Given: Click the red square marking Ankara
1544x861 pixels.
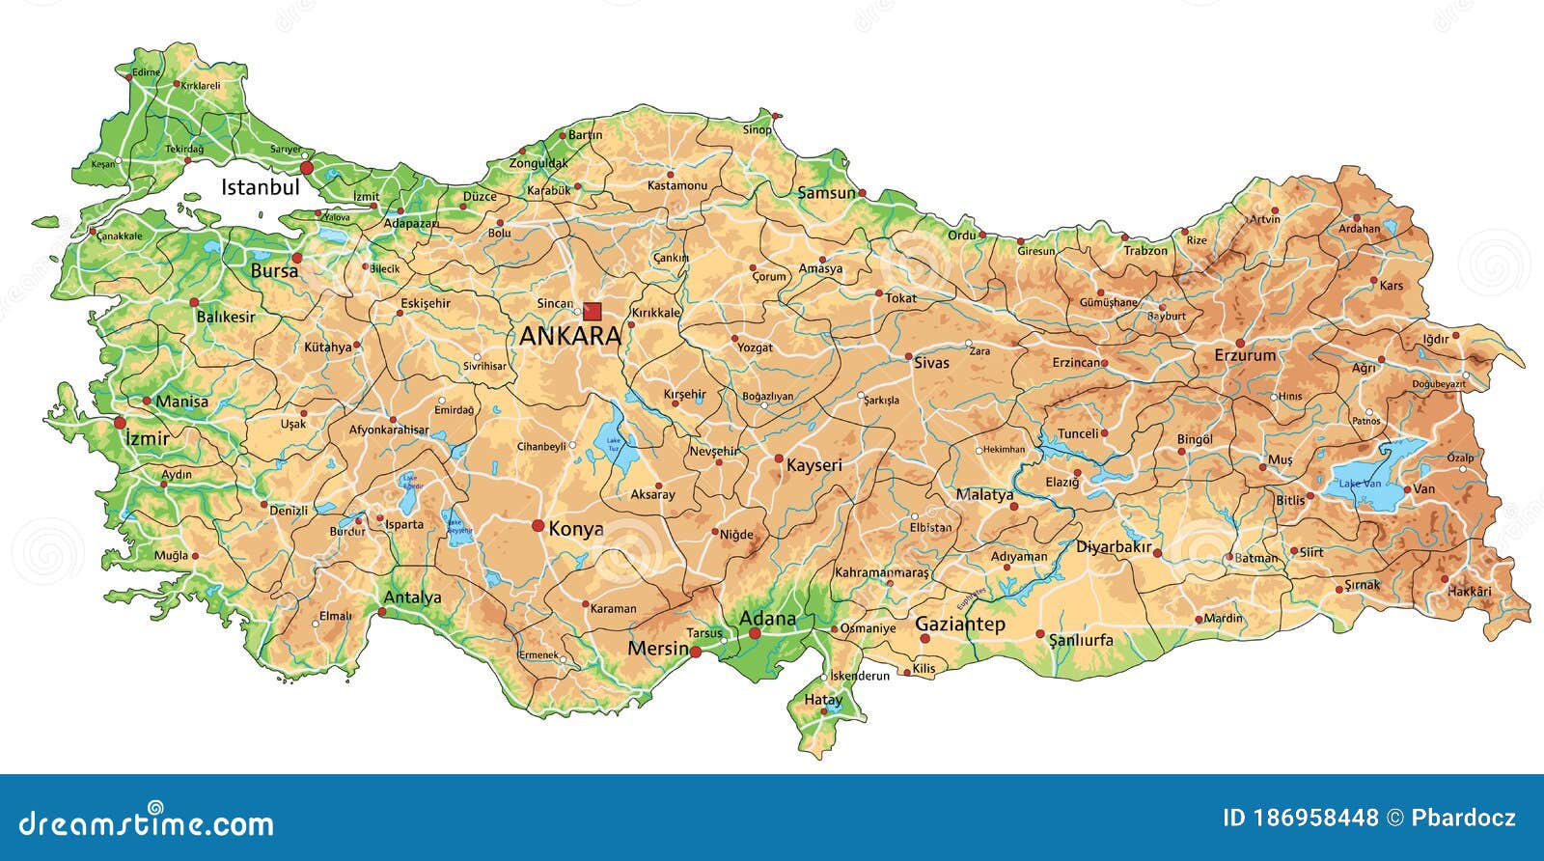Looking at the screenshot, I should coord(592,311).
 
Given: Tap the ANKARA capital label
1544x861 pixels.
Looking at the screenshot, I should coord(569,336).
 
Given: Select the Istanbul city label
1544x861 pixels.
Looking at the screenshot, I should coord(260,187).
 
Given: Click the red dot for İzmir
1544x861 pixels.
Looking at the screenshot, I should coord(120,423).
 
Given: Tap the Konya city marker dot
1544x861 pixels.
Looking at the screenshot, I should coord(538,525).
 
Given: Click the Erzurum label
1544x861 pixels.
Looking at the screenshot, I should coord(1245,355).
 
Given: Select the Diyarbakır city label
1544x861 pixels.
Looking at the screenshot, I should coord(1114,547).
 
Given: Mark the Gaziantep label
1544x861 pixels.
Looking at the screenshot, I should coord(959,625).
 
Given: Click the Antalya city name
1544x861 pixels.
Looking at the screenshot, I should coord(412,597).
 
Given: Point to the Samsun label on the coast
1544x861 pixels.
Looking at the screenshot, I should coord(826,193).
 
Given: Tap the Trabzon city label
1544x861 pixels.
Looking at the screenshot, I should coord(1145,251).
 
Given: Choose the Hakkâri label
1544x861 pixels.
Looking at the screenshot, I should coord(1470,592).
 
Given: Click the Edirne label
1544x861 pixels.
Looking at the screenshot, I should coord(146,72).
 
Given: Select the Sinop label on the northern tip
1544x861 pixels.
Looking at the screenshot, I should coord(757,129).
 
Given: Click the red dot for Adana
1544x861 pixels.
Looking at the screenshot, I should coord(755,633).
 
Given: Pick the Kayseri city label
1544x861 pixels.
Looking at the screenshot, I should coord(813,465).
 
